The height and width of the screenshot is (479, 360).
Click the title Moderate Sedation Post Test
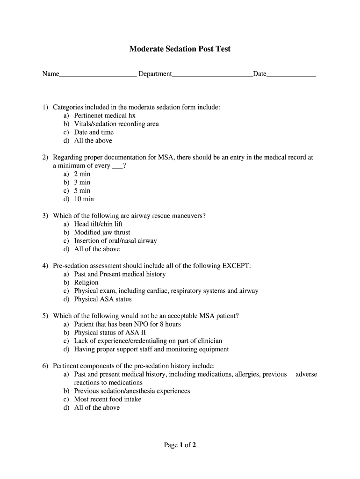click(x=180, y=49)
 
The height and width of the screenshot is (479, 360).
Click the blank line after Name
click(x=98, y=75)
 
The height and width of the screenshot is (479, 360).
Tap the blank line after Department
click(x=212, y=75)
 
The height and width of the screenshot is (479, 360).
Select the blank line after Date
click(x=291, y=75)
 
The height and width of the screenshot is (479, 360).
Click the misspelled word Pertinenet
click(x=90, y=116)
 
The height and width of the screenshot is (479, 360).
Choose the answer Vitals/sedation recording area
click(x=116, y=124)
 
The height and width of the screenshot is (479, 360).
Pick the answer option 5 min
click(x=82, y=191)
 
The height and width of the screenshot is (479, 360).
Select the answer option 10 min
click(x=84, y=199)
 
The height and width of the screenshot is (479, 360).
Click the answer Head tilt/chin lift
click(x=98, y=224)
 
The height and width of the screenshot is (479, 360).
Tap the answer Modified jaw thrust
click(x=102, y=232)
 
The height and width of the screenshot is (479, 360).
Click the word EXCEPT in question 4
click(x=235, y=266)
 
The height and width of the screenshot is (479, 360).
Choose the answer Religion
click(x=86, y=283)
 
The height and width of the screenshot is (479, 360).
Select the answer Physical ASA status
click(x=103, y=299)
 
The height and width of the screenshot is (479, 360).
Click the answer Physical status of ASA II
click(x=107, y=333)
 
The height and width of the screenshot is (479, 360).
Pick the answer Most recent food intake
click(x=108, y=399)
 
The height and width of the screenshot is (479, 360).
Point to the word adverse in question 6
click(x=306, y=374)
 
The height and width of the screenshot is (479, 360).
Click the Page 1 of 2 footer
click(x=180, y=445)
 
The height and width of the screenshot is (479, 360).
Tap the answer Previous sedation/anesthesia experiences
click(x=132, y=391)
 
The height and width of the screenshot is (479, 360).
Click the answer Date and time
click(x=94, y=132)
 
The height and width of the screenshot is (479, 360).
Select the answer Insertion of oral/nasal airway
click(x=115, y=241)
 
